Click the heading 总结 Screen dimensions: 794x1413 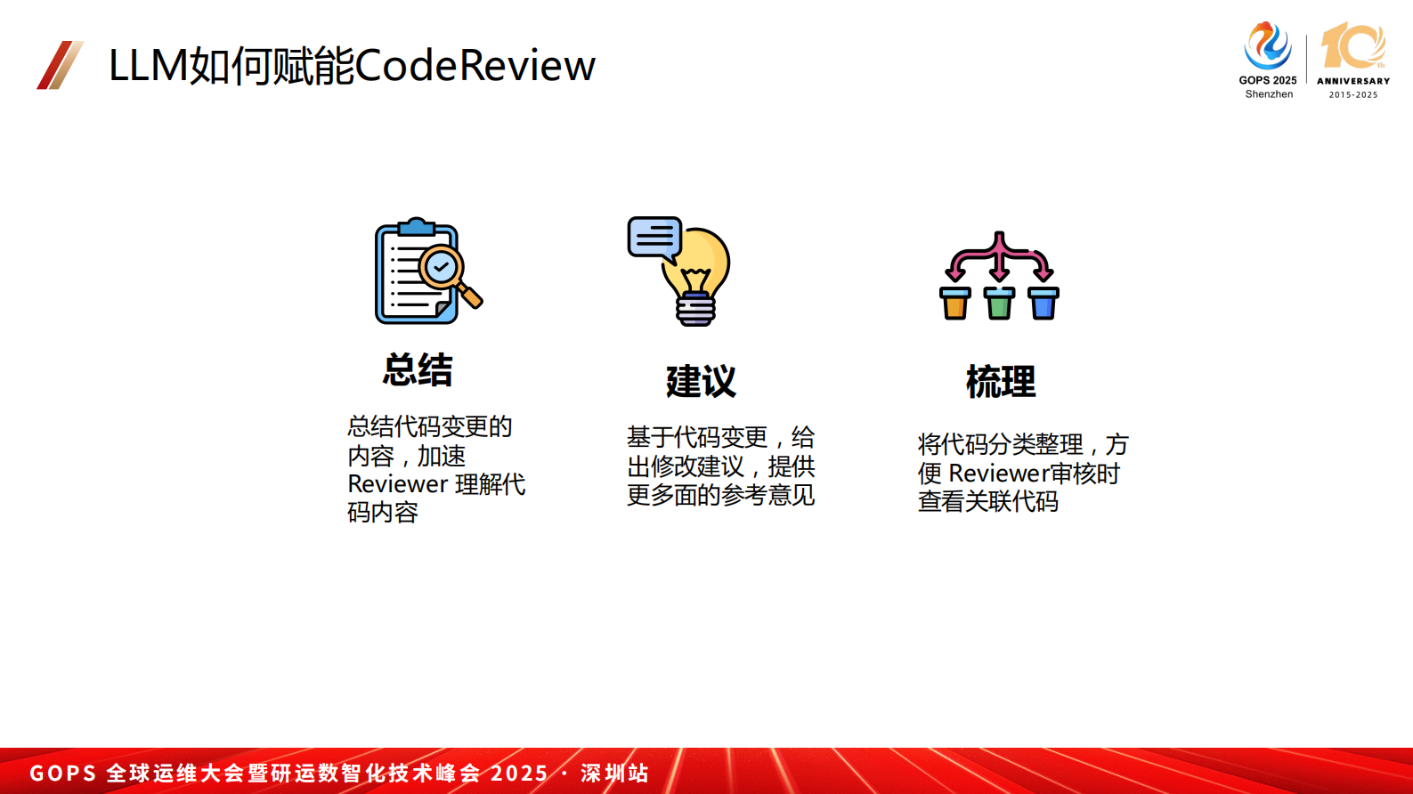click(x=418, y=370)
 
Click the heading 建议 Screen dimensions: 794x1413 click(x=701, y=382)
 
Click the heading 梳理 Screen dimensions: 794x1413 click(x=1001, y=382)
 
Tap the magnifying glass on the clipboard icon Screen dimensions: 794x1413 click(x=443, y=267)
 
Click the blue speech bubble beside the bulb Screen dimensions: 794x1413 click(x=654, y=237)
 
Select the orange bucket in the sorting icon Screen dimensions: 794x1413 click(x=955, y=304)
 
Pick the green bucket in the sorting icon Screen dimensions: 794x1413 click(x=999, y=304)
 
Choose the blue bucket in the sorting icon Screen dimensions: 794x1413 click(x=1043, y=304)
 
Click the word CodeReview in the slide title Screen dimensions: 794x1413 click(x=475, y=65)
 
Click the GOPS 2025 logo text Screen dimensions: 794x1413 click(x=1268, y=80)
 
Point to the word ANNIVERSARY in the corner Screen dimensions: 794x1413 click(x=1353, y=81)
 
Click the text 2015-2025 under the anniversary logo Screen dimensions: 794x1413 click(x=1353, y=94)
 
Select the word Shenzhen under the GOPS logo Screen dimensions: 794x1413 click(x=1269, y=94)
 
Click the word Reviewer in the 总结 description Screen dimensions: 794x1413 click(x=397, y=484)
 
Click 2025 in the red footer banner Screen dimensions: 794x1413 click(x=519, y=773)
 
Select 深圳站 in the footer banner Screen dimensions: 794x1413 click(x=614, y=773)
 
